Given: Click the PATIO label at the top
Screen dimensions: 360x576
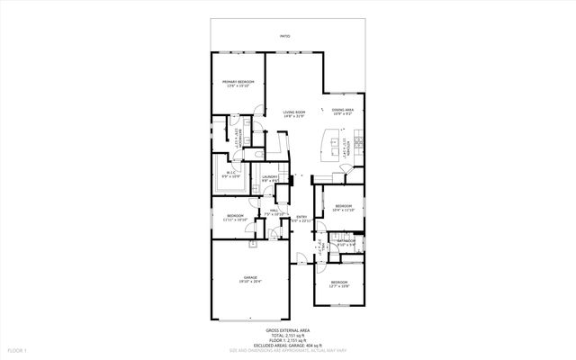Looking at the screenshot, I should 284,37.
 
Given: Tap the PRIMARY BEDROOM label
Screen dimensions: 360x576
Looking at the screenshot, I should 238,82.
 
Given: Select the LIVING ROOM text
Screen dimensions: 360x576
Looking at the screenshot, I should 294,112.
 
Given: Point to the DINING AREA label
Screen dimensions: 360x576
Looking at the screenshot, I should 343,110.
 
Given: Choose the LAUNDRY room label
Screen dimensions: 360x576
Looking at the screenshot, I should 269,176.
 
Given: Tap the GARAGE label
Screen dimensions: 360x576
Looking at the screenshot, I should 250,277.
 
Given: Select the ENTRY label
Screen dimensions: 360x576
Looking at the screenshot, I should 301,215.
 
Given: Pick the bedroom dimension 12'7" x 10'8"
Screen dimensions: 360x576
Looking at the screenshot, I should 338,287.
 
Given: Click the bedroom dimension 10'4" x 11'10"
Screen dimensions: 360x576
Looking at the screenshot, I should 344,211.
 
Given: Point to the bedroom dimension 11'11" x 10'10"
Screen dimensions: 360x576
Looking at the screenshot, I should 236,220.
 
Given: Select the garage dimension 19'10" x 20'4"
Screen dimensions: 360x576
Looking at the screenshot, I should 250,282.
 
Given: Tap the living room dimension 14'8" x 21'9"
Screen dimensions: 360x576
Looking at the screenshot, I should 294,116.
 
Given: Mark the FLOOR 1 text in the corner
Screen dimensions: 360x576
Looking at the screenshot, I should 19,349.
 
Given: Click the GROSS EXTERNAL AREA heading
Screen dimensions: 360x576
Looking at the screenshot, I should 288,330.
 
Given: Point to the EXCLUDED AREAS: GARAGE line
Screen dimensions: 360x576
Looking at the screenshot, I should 288,344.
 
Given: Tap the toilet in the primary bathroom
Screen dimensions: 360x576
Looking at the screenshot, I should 257,137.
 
